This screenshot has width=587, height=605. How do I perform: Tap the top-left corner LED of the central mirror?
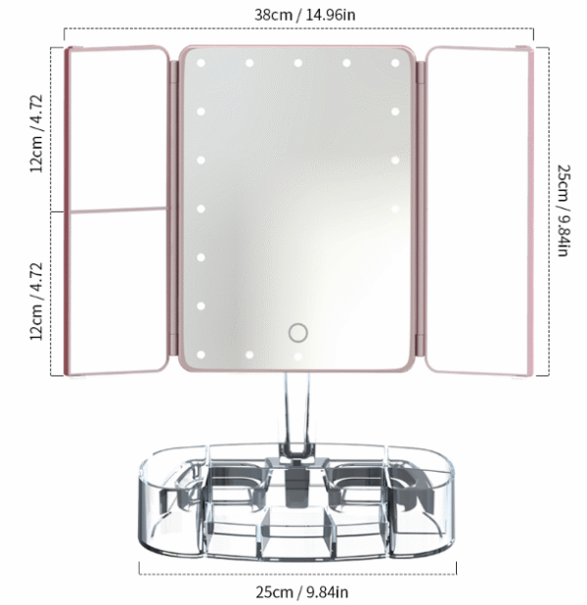tap(201, 64)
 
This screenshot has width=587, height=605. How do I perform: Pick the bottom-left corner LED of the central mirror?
tap(201, 353)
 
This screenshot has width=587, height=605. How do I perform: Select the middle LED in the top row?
tap(298, 64)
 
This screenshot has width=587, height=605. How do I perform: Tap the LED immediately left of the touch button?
tap(250, 353)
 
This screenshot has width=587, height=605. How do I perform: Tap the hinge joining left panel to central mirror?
tap(173, 210)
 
